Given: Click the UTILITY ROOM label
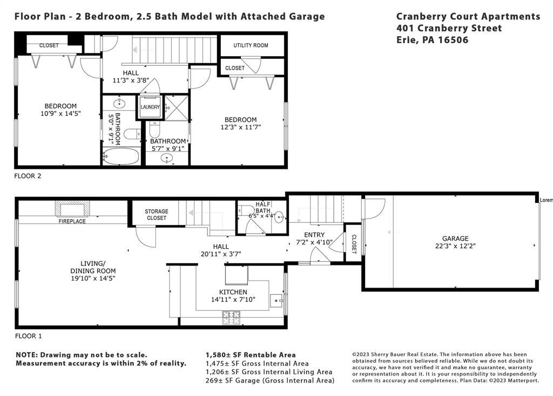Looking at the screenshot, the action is (x=251, y=45).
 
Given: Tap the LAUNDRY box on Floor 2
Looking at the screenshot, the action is (x=150, y=107).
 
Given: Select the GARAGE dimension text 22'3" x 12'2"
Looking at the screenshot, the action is (x=455, y=246).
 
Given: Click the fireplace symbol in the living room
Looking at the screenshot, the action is (x=72, y=209).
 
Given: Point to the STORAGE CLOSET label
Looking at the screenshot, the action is (x=157, y=215).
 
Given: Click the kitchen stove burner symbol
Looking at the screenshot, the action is (x=231, y=318).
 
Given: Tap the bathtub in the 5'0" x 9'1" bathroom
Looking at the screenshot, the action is (x=120, y=156).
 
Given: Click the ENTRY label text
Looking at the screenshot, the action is (x=314, y=235).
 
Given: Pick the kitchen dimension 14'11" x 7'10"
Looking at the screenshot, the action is (x=233, y=299).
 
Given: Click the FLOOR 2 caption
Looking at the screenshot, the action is (x=28, y=176).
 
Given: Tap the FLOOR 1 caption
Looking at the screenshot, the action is (x=28, y=336).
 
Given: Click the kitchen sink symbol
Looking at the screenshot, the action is (x=276, y=301).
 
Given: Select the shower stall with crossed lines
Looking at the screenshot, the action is (x=177, y=108).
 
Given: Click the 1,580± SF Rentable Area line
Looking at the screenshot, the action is (x=251, y=355).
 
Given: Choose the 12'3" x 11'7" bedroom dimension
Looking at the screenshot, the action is (x=240, y=127).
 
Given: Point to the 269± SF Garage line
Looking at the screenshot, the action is (x=270, y=380).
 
